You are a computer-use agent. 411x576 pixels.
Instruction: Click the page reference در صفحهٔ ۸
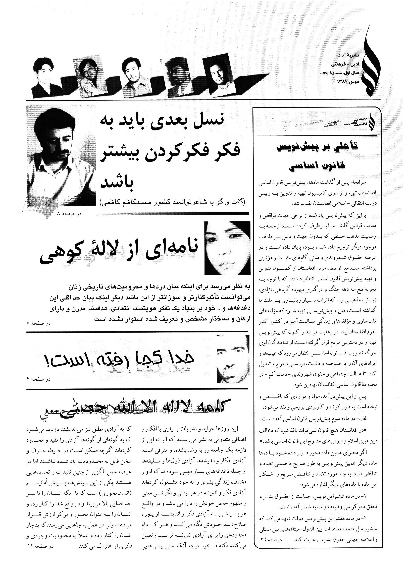point(69,214)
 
